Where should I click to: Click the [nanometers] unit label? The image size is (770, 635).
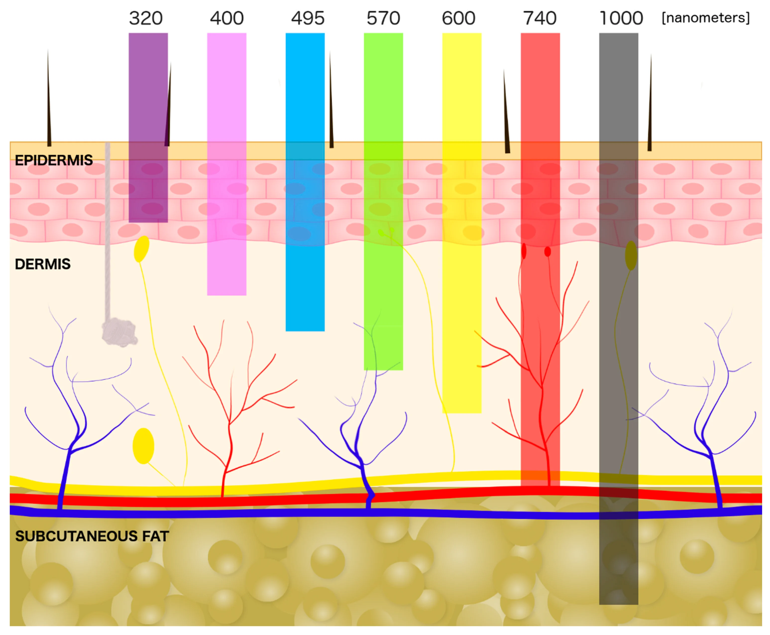(x=706, y=18)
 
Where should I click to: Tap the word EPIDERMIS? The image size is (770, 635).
(x=54, y=160)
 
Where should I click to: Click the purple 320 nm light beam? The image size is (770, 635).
(x=148, y=92)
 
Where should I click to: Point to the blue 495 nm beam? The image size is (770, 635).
(x=305, y=92)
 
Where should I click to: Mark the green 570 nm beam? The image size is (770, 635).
(x=383, y=92)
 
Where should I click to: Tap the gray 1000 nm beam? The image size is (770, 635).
(x=618, y=92)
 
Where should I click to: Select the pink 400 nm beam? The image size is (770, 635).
(x=226, y=92)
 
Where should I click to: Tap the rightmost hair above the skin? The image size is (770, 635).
(x=650, y=110)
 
